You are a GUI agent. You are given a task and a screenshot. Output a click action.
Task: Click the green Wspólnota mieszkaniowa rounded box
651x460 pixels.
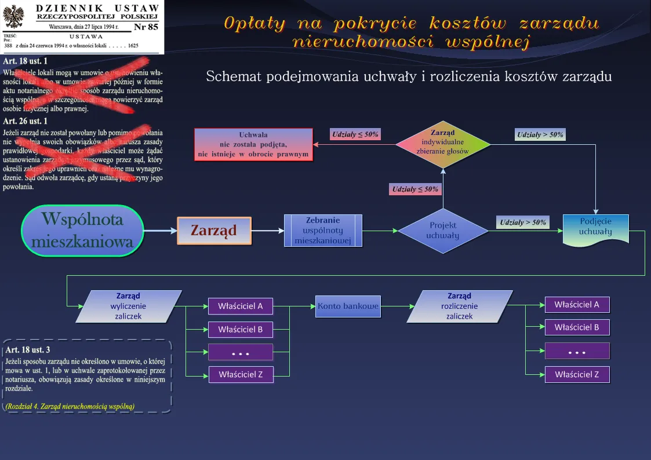coord(82,230)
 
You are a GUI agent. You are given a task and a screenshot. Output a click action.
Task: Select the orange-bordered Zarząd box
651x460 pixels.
coord(214,231)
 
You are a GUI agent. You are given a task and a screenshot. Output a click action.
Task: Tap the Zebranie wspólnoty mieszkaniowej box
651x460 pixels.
coord(323,231)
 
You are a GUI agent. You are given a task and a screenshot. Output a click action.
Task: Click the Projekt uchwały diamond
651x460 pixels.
coord(443,231)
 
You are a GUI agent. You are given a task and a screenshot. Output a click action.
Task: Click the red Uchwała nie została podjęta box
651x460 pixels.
coord(253,144)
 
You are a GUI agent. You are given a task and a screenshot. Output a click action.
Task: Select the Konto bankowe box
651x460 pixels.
coord(348,306)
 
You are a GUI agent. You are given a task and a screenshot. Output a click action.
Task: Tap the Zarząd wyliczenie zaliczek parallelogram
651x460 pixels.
coord(129,306)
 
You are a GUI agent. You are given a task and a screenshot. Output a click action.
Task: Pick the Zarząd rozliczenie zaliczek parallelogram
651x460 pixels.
coord(460,306)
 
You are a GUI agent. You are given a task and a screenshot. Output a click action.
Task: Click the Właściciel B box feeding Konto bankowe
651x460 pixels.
coord(241,330)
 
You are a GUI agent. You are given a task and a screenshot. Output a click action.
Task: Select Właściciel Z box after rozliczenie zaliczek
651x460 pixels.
coord(577,374)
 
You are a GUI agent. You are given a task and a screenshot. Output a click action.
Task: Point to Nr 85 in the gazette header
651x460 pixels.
coord(146,27)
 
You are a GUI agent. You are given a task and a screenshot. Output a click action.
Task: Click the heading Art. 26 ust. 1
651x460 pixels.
coord(26,121)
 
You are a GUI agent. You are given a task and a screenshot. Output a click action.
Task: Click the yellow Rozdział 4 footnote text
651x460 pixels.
coord(70,406)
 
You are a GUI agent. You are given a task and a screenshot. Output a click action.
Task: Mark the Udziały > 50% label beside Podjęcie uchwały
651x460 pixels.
coord(523,222)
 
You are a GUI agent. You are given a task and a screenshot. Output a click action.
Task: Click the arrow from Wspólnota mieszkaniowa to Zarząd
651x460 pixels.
coord(161,231)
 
